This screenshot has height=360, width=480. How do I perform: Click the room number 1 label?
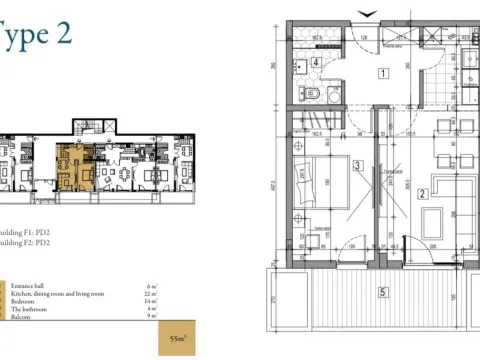click(382, 73)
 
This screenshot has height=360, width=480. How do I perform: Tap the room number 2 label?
click(423, 194)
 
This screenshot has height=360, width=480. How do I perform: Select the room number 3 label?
click(357, 166)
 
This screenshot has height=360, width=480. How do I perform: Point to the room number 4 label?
click(316, 62)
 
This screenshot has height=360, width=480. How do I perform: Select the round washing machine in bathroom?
click(333, 97)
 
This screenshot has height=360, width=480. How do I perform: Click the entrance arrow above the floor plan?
click(368, 11)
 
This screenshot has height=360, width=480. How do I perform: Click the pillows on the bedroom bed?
click(305, 185)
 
